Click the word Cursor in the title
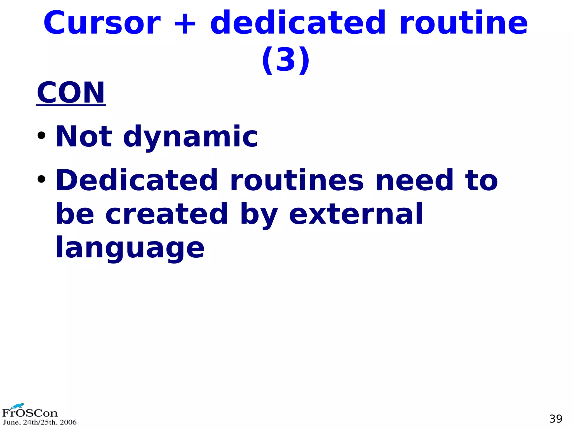102,23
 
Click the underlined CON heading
71,93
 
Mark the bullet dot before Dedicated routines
41,179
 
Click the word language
130,248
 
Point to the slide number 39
556,419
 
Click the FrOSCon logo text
30,413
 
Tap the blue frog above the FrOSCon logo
17,406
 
